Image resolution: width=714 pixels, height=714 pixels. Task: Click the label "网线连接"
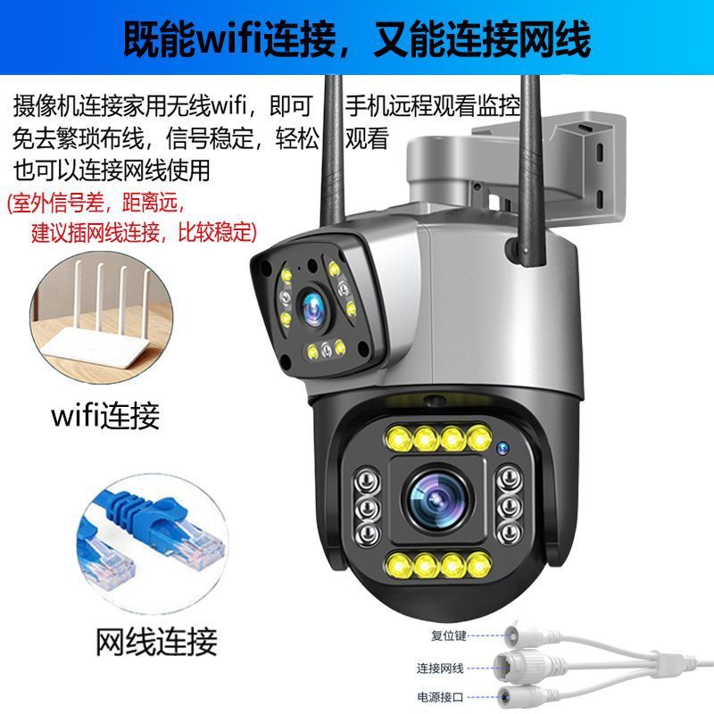(x=156, y=640)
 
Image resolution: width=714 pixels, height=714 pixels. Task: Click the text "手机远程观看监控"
(x=432, y=107)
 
